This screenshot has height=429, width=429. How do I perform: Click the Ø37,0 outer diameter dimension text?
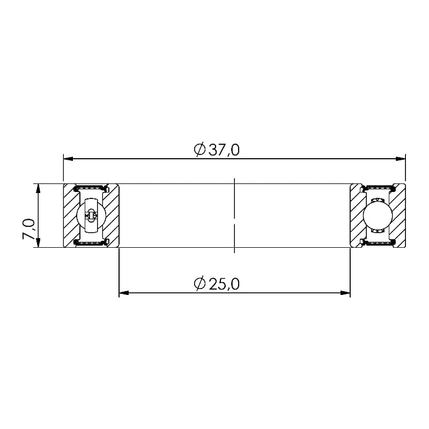217,150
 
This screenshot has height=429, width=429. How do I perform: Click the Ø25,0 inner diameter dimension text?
217,284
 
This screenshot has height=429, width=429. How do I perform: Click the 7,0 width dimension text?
28,229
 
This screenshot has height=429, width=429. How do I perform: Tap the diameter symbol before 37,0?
199,150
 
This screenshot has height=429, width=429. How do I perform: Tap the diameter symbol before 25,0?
199,284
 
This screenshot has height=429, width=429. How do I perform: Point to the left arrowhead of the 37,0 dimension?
69,159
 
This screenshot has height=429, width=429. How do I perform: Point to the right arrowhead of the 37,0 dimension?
401,159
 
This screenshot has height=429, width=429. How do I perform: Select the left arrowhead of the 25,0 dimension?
124,293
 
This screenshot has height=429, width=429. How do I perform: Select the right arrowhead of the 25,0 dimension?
345,293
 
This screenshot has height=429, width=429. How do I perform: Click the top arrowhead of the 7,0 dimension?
38,189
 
